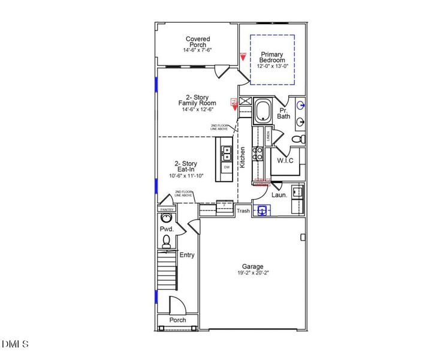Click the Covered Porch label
pos(197,42)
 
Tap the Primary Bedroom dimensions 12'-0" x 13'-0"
pos(272,66)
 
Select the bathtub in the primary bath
pos(264,112)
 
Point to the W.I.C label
pos(285,161)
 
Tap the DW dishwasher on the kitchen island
pos(227,167)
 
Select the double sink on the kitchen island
pos(227,154)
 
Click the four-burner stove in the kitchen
pos(257,154)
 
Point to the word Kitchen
pos(242,157)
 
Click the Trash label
pos(243,211)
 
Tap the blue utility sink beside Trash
pos(262,210)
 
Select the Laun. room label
pos(279,195)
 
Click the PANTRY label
pos(166,209)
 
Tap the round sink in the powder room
pos(166,218)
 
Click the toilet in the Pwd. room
pos(166,241)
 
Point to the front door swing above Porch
pos(177,305)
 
